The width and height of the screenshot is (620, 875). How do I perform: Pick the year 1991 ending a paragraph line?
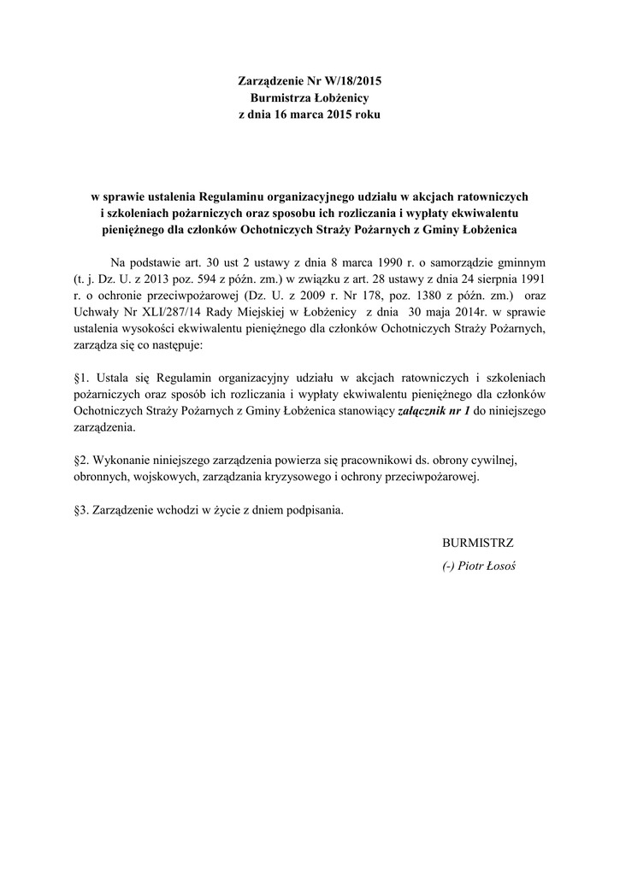(x=531, y=279)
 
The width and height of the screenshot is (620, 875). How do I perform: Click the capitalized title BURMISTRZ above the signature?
(x=478, y=543)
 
